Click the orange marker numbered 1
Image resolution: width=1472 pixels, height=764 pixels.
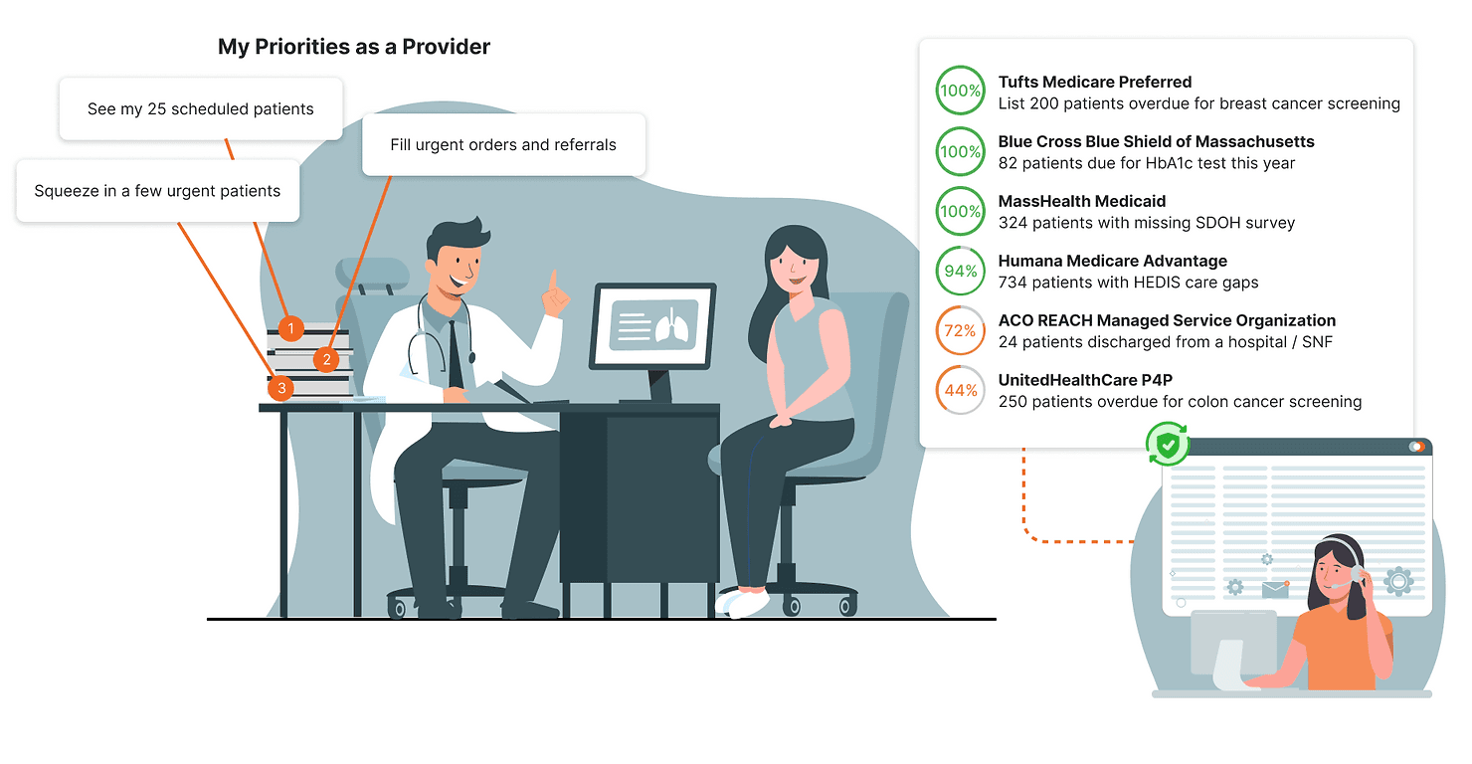[x=290, y=328]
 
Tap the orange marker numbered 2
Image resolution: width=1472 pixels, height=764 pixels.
[x=326, y=360]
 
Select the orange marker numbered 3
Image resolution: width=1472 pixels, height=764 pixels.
[x=281, y=388]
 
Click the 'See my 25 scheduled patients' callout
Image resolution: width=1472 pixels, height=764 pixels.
[x=201, y=108]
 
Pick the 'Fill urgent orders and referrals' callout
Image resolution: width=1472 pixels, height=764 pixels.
[x=503, y=144]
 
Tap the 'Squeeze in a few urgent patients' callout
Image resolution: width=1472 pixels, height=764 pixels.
[x=158, y=191]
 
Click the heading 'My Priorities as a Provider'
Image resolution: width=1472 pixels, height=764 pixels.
[x=353, y=47]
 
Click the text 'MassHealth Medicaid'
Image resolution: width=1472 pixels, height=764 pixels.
[x=1082, y=201]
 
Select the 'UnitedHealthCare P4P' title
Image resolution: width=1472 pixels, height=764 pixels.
[x=1085, y=380]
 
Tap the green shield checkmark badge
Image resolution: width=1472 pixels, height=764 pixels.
[x=1168, y=445]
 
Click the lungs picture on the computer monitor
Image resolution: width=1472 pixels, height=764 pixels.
[x=671, y=324]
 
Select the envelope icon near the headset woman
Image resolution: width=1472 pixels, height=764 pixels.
[x=1275, y=589]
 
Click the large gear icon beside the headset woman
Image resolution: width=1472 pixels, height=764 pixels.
[x=1398, y=581]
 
